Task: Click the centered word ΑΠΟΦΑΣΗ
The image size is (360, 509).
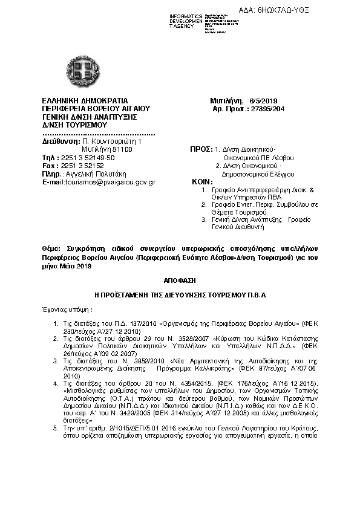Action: (180, 281)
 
